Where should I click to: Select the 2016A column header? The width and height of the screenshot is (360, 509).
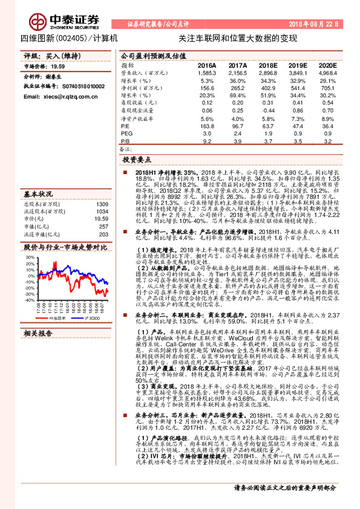click(207, 65)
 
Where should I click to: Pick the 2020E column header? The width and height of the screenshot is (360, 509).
click(327, 65)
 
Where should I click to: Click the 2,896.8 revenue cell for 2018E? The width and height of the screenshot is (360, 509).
click(266, 73)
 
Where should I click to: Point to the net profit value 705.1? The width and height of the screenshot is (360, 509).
click(327, 88)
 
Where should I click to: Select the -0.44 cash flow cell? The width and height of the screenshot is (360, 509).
click(267, 111)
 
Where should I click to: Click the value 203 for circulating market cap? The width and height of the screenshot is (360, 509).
click(103, 234)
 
